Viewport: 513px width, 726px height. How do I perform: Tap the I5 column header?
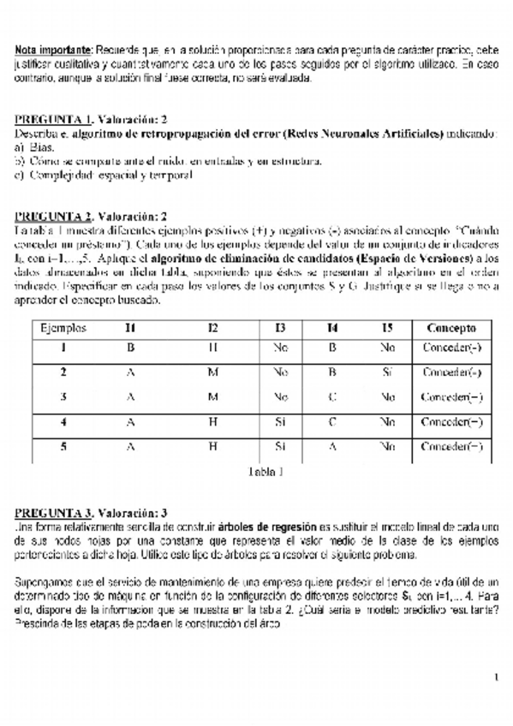point(387,328)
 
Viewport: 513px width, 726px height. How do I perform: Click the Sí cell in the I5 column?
point(387,372)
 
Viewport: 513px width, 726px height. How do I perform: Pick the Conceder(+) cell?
point(451,372)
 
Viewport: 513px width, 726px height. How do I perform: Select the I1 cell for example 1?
point(130,348)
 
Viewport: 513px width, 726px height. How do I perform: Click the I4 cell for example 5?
point(333,446)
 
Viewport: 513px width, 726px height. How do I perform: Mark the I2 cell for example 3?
point(212,396)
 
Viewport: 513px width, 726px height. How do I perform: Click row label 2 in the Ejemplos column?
point(63,372)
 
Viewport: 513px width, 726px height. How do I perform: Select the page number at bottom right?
point(495,678)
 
